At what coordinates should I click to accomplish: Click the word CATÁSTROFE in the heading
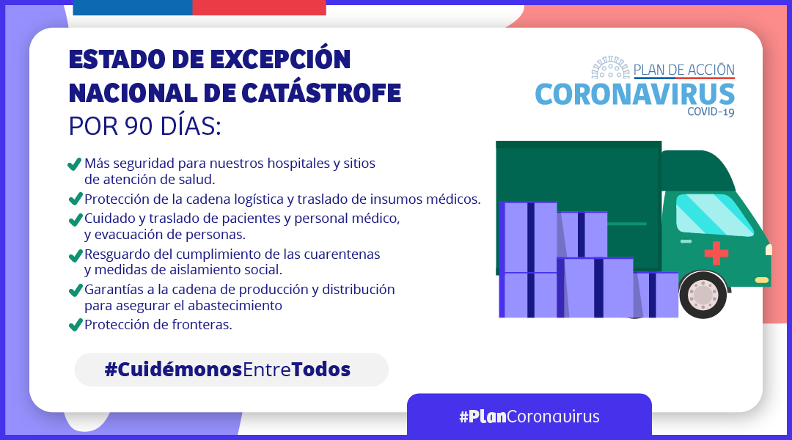click(x=321, y=93)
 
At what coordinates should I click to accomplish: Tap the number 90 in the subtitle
click(x=139, y=126)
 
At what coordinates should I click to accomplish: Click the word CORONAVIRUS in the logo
click(x=635, y=95)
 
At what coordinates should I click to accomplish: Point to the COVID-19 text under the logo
click(x=711, y=111)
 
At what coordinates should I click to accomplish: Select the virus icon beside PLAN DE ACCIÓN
click(x=611, y=67)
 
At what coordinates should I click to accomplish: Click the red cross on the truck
click(x=716, y=252)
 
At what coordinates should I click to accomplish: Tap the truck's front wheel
click(x=703, y=295)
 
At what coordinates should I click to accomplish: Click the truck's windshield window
click(x=714, y=215)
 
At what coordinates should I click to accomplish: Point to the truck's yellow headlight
click(x=762, y=280)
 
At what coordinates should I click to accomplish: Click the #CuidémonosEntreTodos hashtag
click(x=228, y=370)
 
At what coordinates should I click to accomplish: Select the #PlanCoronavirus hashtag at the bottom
click(x=529, y=417)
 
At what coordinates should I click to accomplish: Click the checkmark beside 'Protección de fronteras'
click(x=76, y=324)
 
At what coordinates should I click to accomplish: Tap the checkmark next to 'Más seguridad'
click(x=74, y=164)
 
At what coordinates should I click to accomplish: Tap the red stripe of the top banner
click(x=259, y=7)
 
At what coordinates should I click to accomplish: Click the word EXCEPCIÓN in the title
click(x=280, y=59)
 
